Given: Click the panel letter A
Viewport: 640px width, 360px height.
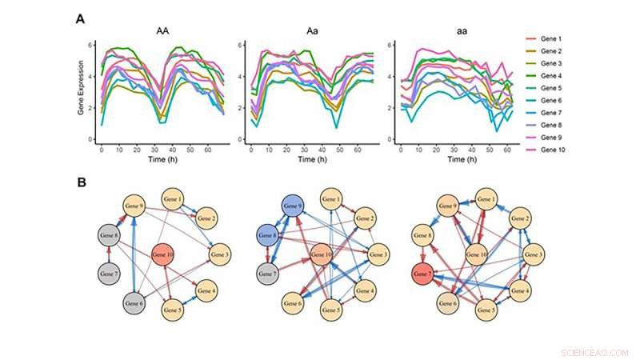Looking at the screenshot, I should click(x=81, y=18).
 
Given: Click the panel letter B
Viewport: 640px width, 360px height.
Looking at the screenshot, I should click(x=81, y=182).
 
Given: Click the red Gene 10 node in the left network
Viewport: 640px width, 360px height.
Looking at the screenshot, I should click(x=164, y=255).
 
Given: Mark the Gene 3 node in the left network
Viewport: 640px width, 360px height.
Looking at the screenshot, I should click(x=220, y=255).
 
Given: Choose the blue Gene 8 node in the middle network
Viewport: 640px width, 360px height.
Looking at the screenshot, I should click(x=268, y=237).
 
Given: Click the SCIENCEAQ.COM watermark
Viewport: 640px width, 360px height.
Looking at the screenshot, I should click(x=594, y=351).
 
